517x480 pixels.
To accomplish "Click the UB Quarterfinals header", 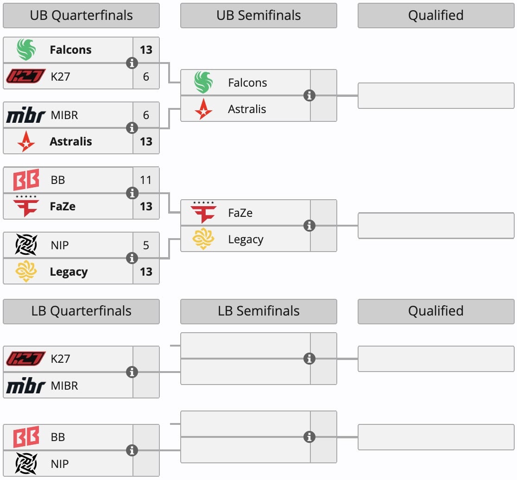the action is pos(81,15).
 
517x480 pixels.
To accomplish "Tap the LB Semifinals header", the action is pos(258,311).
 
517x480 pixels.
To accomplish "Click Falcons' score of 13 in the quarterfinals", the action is pos(146,50).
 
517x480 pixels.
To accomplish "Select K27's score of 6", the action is pos(146,76).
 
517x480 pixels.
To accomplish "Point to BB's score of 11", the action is pos(146,180).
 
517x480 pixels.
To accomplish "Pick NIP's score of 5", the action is pos(146,245).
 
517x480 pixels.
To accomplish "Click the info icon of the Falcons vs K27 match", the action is pos(132,63).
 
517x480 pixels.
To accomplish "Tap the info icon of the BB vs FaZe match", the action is pos(132,193).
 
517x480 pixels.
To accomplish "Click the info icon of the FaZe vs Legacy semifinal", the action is pos(309,226).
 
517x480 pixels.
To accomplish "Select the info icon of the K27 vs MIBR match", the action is pos(132,372).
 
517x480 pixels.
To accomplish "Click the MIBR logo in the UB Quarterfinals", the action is pos(26,115).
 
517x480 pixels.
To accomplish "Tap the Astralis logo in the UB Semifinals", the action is pos(203,109).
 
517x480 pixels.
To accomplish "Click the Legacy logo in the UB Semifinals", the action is pos(203,239).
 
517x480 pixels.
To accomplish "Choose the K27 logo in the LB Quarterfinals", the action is pos(26,359).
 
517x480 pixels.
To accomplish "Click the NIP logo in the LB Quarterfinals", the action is pos(26,463).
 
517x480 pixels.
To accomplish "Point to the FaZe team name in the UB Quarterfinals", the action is pos(63,206).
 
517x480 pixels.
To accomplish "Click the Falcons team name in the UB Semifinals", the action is pos(248,83).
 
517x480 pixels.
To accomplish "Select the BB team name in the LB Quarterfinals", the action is pos(58,437).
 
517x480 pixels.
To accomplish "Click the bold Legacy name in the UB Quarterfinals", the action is pos(69,272).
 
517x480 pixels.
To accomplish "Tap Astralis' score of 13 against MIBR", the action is pos(146,142).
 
